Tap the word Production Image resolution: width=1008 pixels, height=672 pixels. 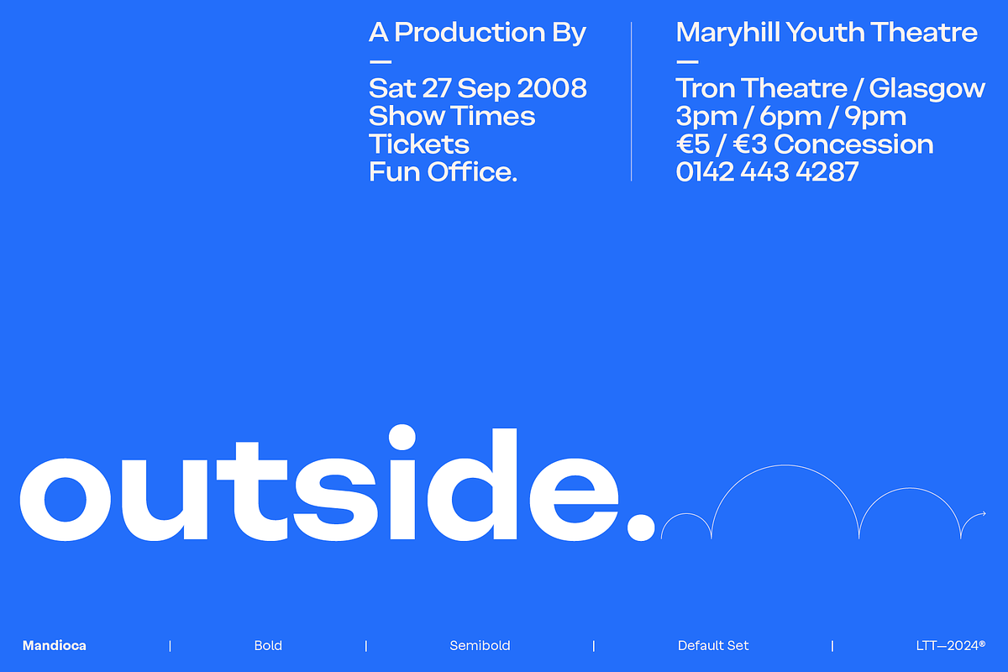[x=470, y=33]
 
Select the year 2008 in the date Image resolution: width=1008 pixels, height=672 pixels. [x=552, y=87]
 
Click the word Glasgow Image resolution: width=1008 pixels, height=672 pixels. [x=927, y=89]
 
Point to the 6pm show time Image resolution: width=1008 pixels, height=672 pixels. [x=790, y=117]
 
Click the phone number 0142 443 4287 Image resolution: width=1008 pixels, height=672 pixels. [x=767, y=172]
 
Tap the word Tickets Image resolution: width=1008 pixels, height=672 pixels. [x=419, y=144]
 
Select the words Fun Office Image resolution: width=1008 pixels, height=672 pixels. [x=443, y=171]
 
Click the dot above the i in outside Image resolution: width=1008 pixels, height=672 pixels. [x=402, y=437]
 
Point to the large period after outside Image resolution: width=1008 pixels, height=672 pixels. [x=641, y=527]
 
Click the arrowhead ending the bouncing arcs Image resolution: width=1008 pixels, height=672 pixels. [x=984, y=513]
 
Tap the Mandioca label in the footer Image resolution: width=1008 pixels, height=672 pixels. [x=55, y=645]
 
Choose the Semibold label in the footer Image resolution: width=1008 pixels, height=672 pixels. [x=480, y=645]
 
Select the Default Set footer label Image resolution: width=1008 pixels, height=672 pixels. [x=713, y=645]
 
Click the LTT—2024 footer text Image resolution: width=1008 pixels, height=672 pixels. [x=951, y=645]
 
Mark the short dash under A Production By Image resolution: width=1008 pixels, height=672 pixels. [x=381, y=61]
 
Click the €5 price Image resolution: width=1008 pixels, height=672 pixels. [x=693, y=144]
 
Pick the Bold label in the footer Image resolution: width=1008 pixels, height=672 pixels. [x=268, y=645]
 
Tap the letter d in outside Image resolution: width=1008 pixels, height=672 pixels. [x=472, y=484]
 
